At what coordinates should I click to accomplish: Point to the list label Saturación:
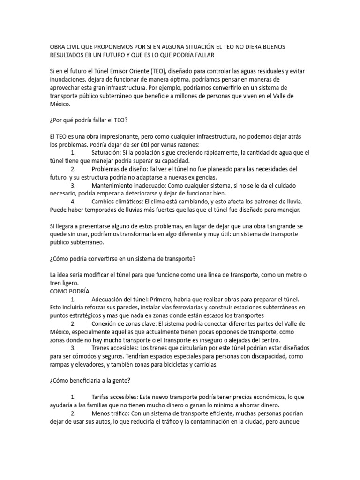click(x=108, y=153)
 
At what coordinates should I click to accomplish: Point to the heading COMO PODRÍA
click(x=70, y=291)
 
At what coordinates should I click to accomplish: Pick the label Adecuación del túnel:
click(x=123, y=299)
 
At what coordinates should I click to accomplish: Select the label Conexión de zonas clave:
click(x=127, y=323)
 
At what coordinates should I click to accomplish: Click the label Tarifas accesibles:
click(x=116, y=397)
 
